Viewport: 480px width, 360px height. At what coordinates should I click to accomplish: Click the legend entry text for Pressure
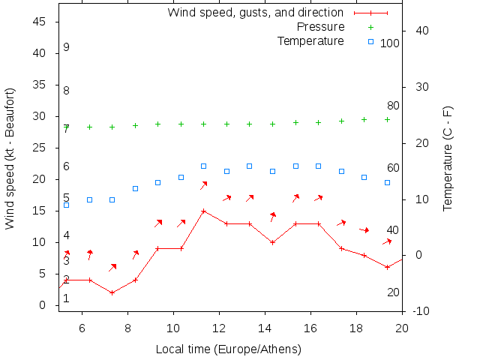pos(320,26)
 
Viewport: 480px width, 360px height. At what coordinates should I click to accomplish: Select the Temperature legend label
pos(310,40)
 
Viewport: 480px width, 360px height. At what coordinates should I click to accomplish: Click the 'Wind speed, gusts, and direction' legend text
pos(255,12)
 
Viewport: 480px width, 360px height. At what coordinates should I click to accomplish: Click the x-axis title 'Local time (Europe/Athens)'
pos(228,349)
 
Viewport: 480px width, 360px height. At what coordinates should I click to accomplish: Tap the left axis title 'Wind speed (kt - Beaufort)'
pos(10,159)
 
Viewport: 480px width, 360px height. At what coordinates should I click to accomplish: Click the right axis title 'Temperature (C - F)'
pos(448,159)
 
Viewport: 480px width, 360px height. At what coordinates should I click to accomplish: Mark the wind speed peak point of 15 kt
pos(203,211)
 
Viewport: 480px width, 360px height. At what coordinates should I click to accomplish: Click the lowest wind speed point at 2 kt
pos(112,292)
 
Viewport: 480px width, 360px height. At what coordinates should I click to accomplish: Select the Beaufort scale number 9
pos(66,47)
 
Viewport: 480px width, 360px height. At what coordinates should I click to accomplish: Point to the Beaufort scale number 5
pos(66,198)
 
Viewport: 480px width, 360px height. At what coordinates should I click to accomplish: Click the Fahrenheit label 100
pos(390,43)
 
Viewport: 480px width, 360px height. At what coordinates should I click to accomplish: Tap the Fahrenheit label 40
pos(393,229)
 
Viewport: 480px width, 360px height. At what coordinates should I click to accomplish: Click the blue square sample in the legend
pos(370,41)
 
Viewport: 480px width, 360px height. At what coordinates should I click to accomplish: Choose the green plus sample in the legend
pos(370,27)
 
